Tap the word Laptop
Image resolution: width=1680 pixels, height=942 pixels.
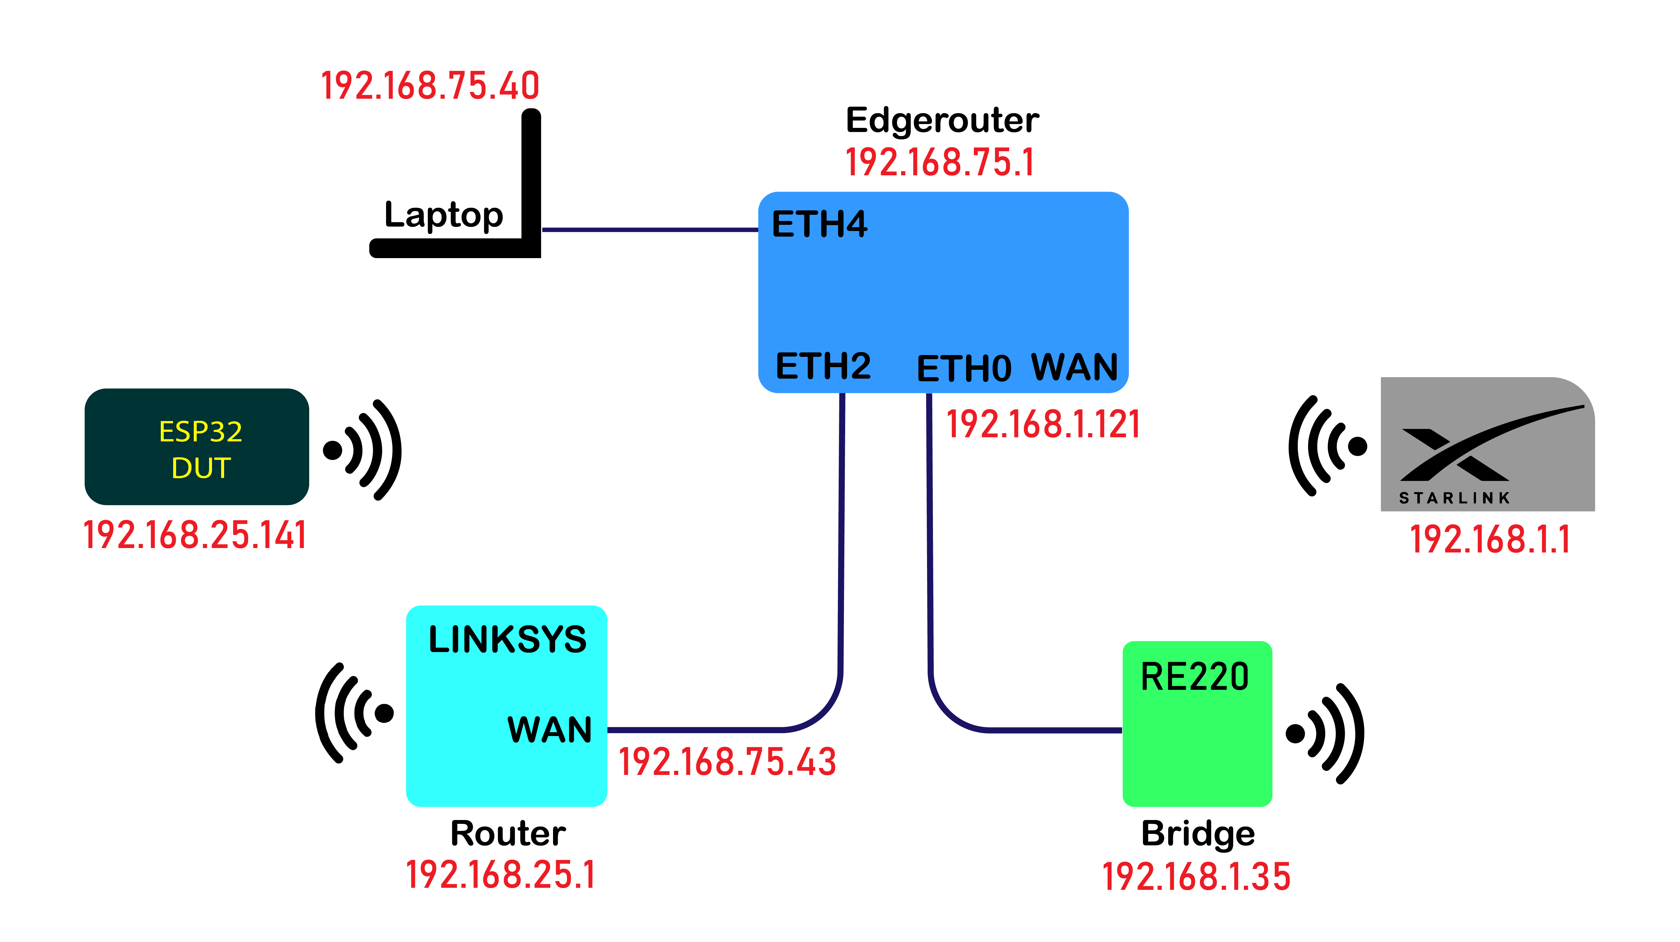[x=443, y=215]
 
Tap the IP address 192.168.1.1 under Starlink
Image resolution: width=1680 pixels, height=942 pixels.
[x=1490, y=540]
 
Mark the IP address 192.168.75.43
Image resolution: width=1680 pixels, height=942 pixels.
[x=727, y=762]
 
